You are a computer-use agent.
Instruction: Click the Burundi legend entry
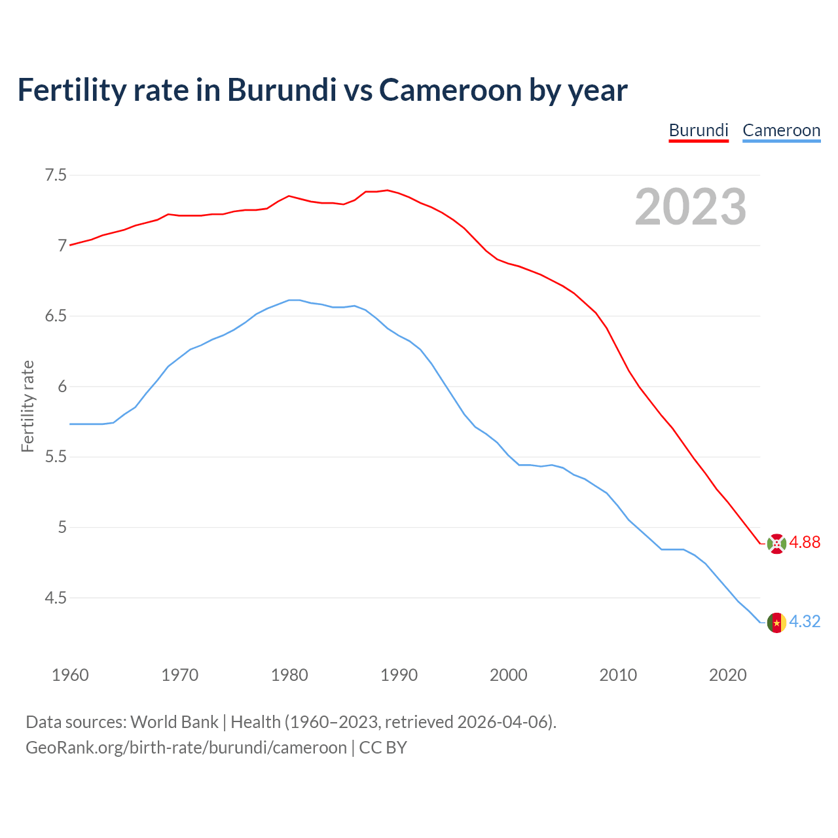pos(699,130)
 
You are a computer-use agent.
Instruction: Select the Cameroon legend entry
pos(781,130)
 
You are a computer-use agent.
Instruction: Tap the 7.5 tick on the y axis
pos(56,175)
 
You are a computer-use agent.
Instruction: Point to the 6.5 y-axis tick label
pos(56,316)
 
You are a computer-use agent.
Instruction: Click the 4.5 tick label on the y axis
pos(56,598)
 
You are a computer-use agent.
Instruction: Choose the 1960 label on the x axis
pos(70,675)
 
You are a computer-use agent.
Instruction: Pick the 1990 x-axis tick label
pos(399,675)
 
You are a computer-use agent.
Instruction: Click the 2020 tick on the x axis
pos(727,675)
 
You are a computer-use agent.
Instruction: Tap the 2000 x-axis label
pos(508,675)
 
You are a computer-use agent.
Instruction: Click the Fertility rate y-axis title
pos(27,406)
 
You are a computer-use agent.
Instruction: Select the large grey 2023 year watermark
pos(691,207)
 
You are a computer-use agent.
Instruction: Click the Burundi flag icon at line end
pos(776,543)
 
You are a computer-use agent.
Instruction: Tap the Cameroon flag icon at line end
pos(776,622)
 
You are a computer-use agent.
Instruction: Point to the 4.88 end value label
pos(805,542)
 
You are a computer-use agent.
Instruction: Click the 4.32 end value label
pos(805,621)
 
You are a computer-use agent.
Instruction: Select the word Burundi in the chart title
pos(282,90)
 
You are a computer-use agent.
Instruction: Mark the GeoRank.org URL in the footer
pos(186,748)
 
